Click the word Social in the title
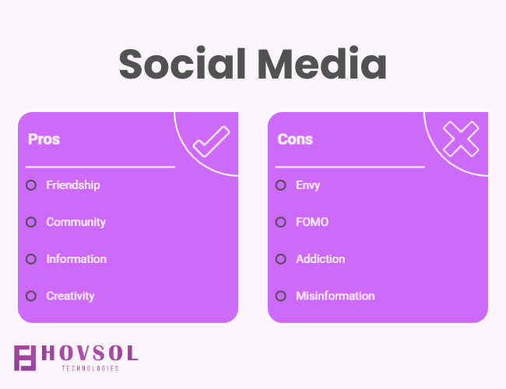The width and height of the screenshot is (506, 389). tap(183, 63)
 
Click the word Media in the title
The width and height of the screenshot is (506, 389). tap(322, 63)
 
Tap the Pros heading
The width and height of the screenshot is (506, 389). tap(44, 139)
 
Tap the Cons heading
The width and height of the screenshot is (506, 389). tap(295, 139)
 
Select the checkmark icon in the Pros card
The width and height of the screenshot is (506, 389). tap(212, 142)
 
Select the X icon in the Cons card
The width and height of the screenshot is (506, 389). tap(461, 139)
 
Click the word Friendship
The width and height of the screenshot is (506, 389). tap(73, 185)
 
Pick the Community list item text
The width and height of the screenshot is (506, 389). tap(76, 223)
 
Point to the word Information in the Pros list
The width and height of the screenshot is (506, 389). tap(76, 259)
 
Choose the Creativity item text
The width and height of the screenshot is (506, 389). tap(70, 296)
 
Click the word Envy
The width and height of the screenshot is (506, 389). tap(307, 185)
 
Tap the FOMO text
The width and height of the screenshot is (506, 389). tap(312, 222)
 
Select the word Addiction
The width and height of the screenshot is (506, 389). tap(321, 259)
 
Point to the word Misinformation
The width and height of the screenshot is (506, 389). tap(336, 296)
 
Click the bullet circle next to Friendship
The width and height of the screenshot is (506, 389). tap(31, 185)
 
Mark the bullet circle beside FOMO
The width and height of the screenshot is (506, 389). tap(281, 222)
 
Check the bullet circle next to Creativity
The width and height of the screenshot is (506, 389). tap(31, 296)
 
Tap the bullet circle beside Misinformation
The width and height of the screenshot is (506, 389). tap(281, 296)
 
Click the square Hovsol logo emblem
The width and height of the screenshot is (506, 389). tap(25, 358)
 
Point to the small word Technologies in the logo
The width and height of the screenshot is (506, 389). tap(90, 368)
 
